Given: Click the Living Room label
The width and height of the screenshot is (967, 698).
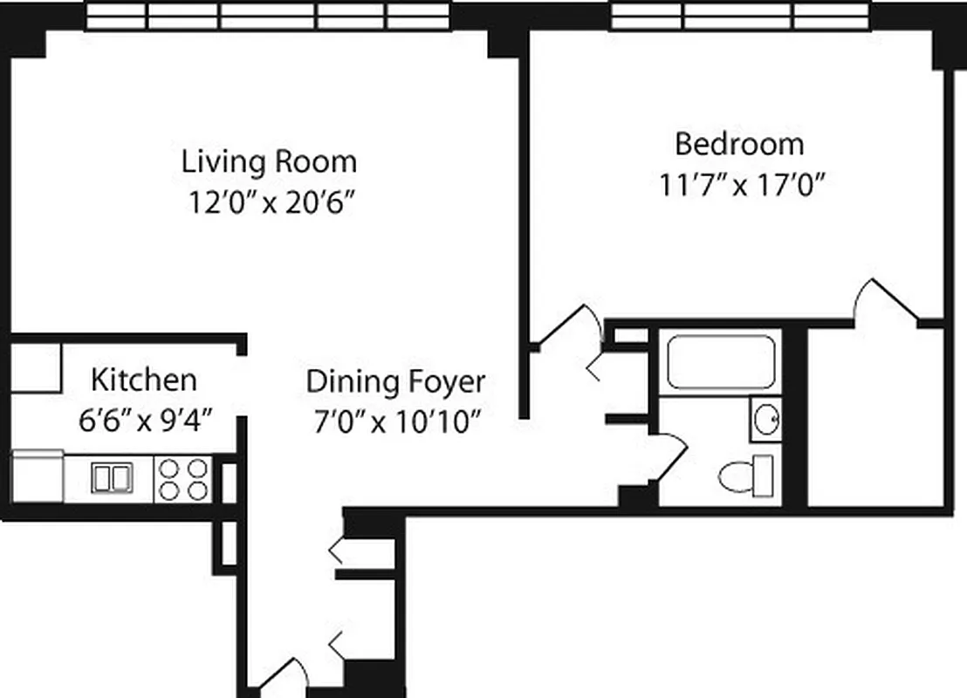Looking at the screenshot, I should [x=269, y=162].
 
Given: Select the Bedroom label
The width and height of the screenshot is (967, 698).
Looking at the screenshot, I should [x=739, y=143].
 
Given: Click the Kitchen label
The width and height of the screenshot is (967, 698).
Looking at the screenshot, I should [x=144, y=380].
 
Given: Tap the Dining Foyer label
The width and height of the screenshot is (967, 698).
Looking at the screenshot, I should [x=395, y=382].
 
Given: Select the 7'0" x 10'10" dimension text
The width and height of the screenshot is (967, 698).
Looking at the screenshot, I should [x=396, y=423].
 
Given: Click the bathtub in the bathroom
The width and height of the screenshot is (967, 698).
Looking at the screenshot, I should [x=721, y=362].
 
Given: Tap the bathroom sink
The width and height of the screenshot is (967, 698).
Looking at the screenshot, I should [x=766, y=420].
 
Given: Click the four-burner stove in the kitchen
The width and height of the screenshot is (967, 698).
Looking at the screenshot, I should [x=183, y=479].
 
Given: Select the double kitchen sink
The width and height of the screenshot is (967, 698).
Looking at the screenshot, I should [x=112, y=478].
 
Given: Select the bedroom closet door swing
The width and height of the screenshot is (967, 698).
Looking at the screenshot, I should [x=886, y=301].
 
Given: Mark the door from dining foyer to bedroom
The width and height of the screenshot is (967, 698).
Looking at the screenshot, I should [x=567, y=327].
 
